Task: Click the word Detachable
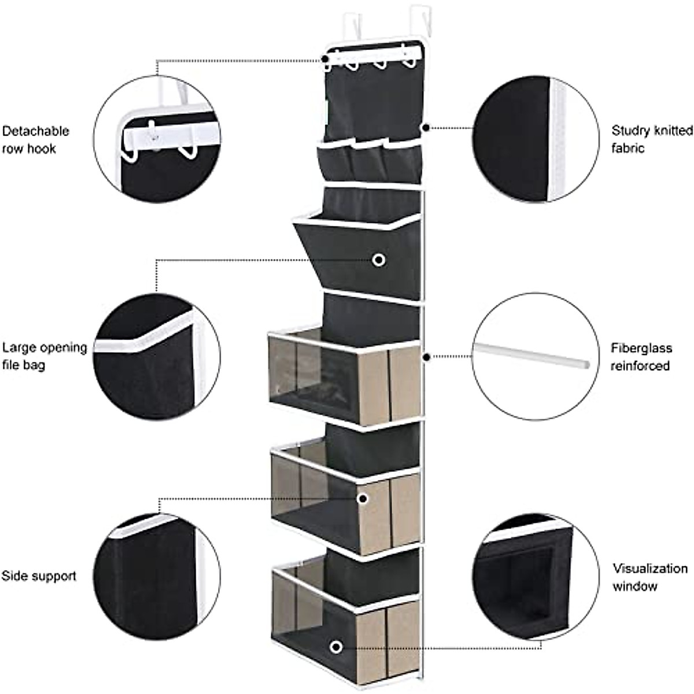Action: click(x=35, y=131)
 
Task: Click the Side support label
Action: click(x=38, y=576)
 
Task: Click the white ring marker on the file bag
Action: click(x=379, y=260)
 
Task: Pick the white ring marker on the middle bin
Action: click(x=363, y=498)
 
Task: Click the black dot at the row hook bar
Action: click(x=326, y=59)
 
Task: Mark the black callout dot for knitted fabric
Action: click(x=426, y=127)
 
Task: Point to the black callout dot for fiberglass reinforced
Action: click(x=426, y=357)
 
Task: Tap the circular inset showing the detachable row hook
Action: click(x=157, y=139)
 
